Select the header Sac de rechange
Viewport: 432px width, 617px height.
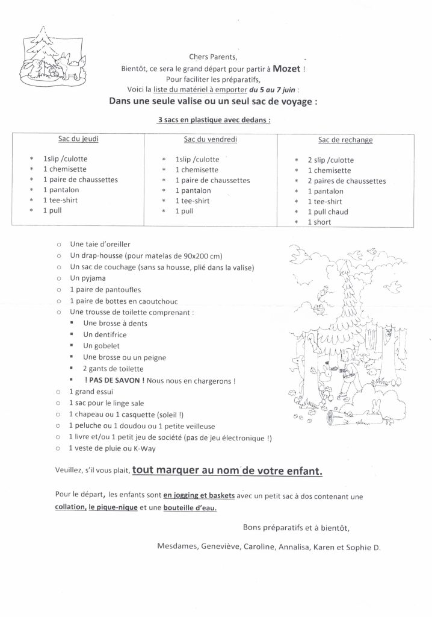(x=345, y=140)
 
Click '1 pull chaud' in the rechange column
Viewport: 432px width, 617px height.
(x=328, y=211)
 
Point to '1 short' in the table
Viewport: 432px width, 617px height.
(x=319, y=222)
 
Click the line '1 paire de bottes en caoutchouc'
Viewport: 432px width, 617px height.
(x=123, y=301)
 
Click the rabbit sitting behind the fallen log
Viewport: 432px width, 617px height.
(x=378, y=404)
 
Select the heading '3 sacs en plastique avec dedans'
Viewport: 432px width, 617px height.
(x=214, y=120)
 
